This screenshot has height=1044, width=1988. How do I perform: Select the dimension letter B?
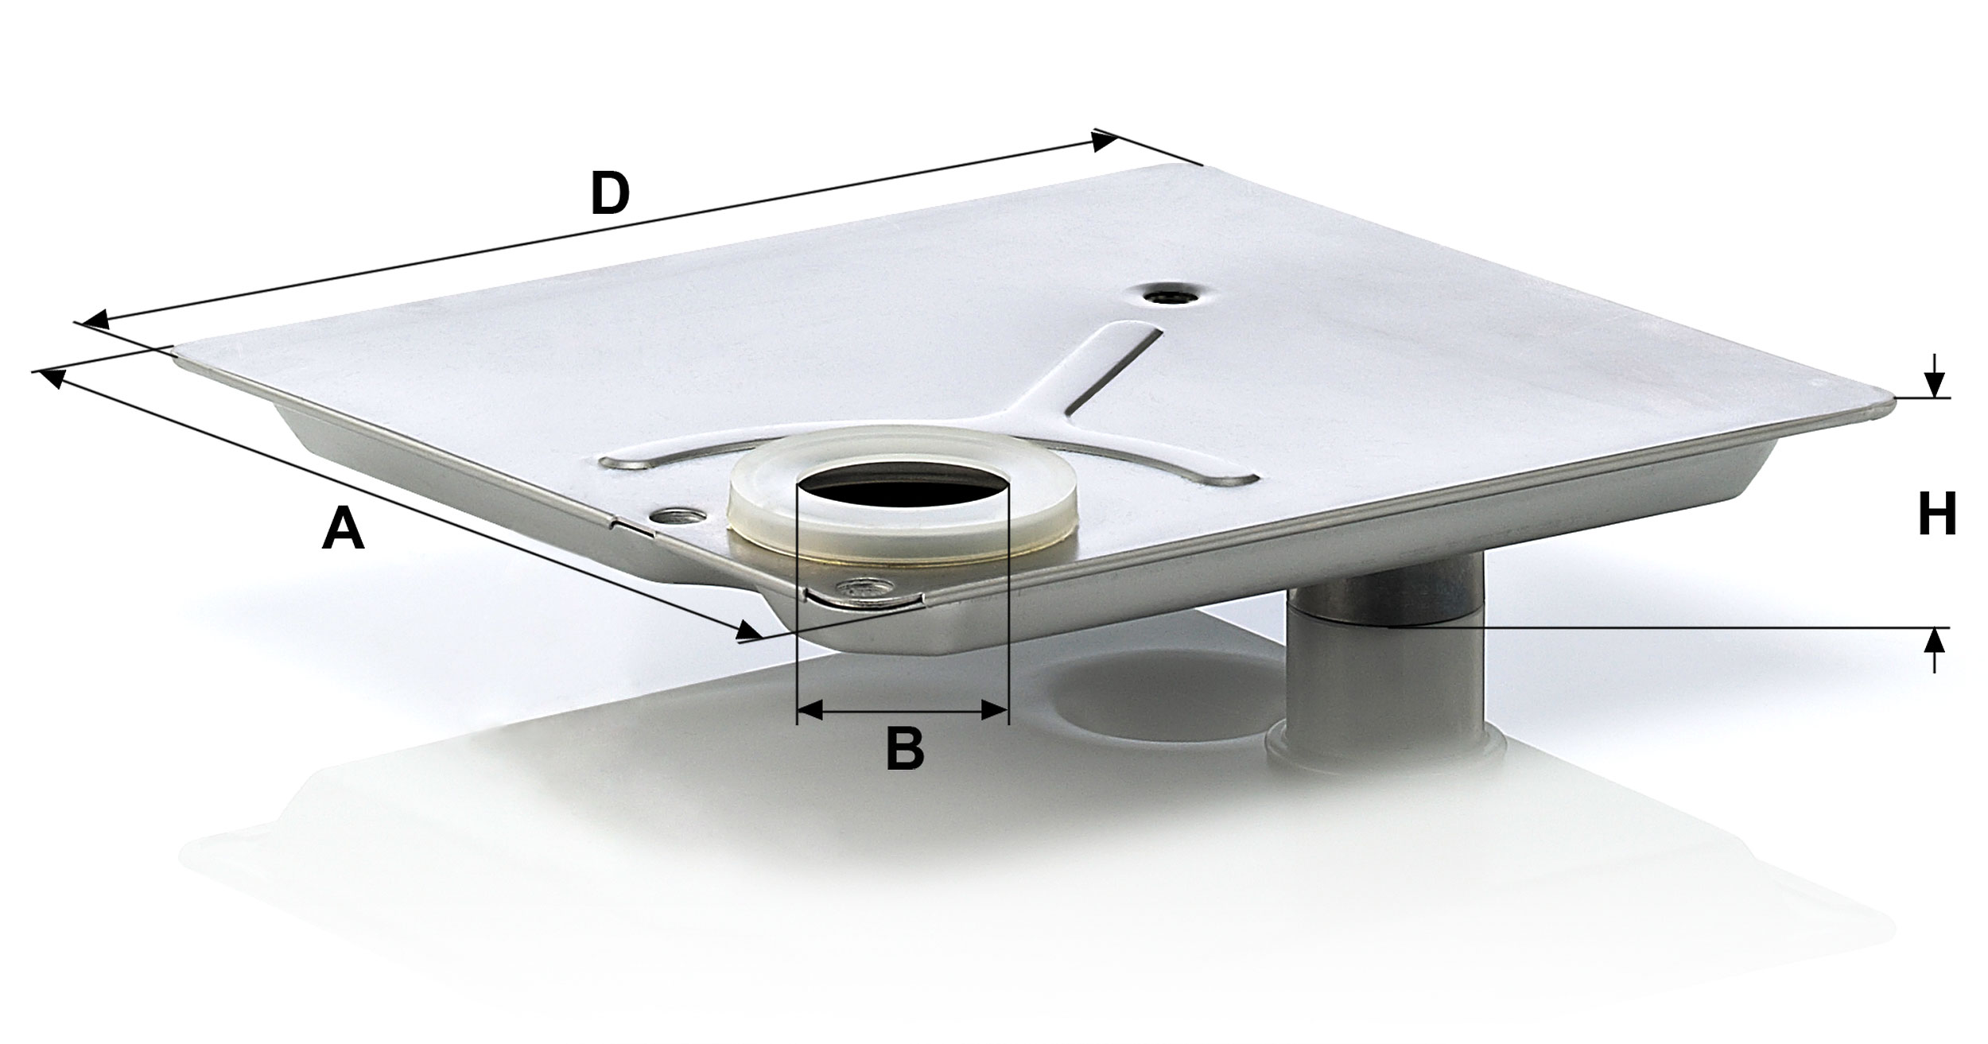905,749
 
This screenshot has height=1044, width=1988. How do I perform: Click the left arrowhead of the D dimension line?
95,320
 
